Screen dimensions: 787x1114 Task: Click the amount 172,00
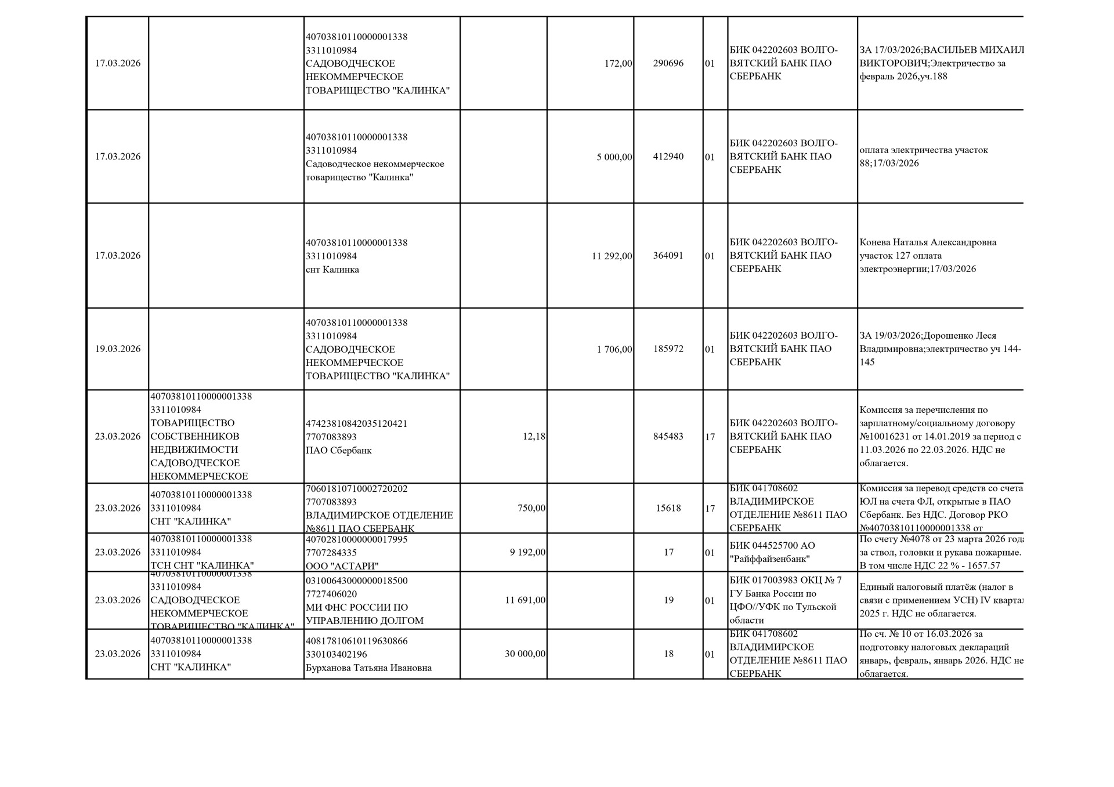[618, 63]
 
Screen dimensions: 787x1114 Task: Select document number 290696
[668, 63]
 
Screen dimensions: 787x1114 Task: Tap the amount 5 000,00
[614, 157]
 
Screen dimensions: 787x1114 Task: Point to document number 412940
[668, 157]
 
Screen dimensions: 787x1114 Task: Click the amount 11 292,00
[612, 256]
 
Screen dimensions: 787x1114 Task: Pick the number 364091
[668, 256]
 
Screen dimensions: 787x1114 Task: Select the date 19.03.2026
[118, 349]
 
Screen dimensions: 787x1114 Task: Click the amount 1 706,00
[614, 349]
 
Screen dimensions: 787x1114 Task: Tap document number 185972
[668, 349]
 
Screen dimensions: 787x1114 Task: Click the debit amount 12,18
[534, 437]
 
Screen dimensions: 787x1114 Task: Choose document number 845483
[668, 437]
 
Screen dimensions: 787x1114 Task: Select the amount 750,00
[531, 508]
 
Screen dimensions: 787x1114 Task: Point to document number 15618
[668, 508]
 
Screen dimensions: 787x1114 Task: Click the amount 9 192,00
[527, 552]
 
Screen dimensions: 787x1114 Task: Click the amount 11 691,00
[525, 600]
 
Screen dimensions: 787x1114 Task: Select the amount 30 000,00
[525, 654]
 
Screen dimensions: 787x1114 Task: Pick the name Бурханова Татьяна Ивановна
[368, 668]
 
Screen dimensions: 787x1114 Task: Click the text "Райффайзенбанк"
[769, 559]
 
